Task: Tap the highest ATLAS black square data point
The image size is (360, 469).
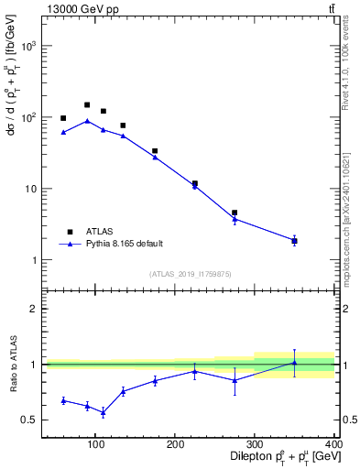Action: click(87, 105)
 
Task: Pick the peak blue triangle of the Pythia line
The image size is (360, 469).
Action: click(87, 121)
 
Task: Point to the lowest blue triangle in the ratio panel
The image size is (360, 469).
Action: click(104, 412)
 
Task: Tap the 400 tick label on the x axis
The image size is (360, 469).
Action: click(333, 444)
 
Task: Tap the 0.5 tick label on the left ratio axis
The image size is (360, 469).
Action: click(29, 420)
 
